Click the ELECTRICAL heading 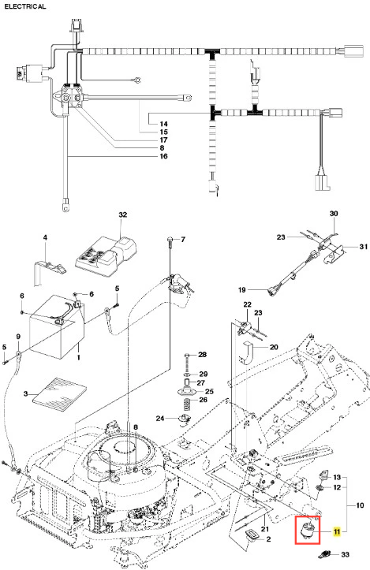pos(25,6)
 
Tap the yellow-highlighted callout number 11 pos(337,532)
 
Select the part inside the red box pos(307,530)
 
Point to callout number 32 pos(123,214)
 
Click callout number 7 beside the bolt pos(183,239)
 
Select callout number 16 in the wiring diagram pos(164,156)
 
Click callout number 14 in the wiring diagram pos(164,124)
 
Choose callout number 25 pos(209,391)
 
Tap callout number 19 pos(242,289)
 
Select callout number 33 pos(345,554)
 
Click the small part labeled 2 pos(252,535)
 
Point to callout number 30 pos(334,214)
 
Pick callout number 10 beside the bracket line pos(360,505)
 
